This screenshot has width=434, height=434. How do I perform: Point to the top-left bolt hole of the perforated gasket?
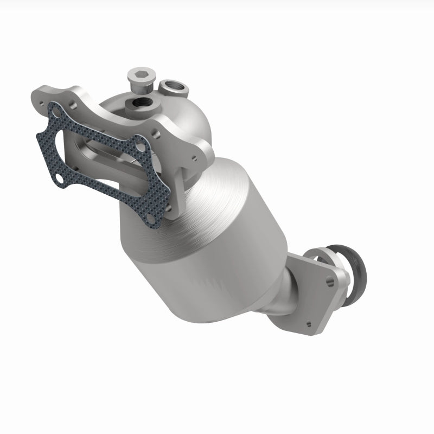pos(55,110)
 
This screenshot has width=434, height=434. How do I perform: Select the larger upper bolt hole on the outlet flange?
pos(329,281)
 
